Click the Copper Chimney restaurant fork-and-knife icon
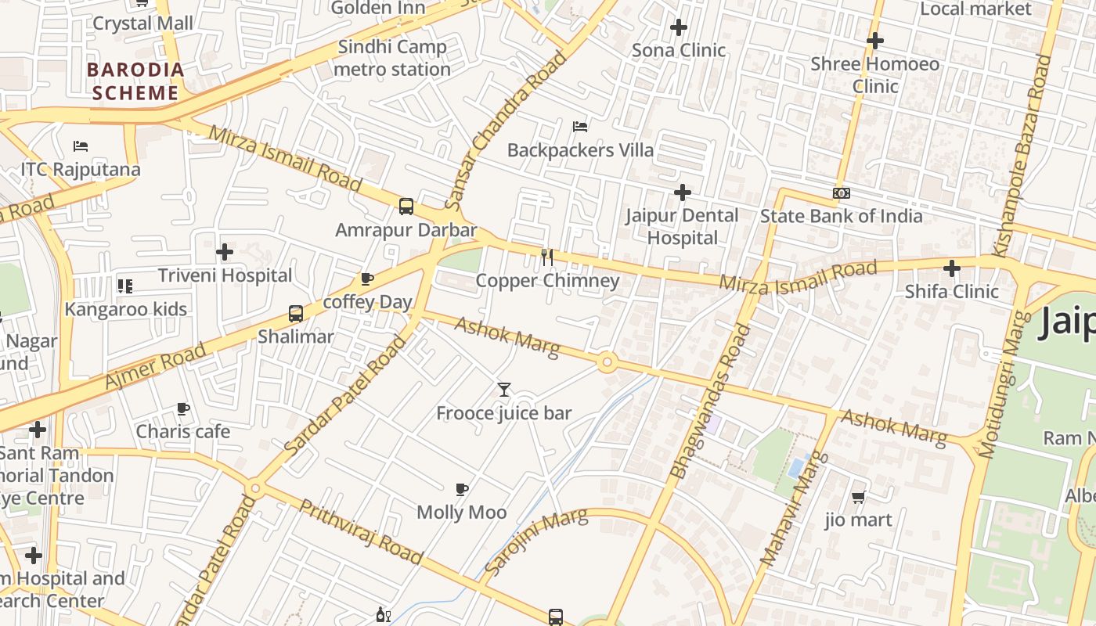[547, 257]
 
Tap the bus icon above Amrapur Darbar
[406, 207]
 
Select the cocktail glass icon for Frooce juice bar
[504, 390]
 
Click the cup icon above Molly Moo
[462, 490]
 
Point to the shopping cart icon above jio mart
[858, 497]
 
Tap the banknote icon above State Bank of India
[842, 192]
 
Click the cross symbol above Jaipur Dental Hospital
[683, 192]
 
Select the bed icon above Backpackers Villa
[580, 126]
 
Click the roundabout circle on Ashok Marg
[607, 362]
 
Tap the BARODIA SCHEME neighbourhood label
[135, 81]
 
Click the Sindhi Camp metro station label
[392, 58]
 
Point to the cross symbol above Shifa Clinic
[951, 268]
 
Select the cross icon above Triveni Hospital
[225, 252]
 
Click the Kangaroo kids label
[126, 309]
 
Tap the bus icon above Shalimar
[296, 314]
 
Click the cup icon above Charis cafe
[183, 408]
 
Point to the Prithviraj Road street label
[360, 531]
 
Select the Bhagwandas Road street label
[711, 401]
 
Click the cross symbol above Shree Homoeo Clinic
[875, 41]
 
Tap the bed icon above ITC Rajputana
[81, 146]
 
